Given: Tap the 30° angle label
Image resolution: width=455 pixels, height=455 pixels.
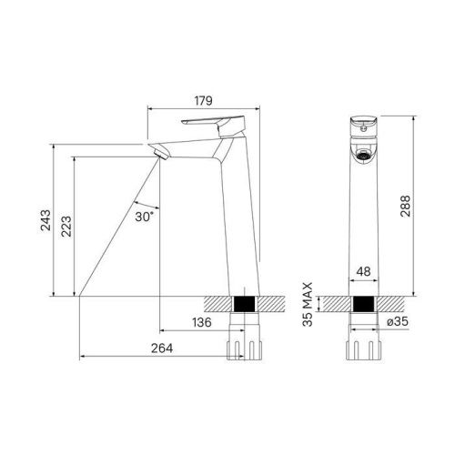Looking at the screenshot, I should [x=143, y=217].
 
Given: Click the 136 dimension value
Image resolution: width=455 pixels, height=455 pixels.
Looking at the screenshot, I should [x=203, y=322].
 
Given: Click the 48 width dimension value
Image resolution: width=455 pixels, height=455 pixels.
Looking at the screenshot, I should [x=364, y=272].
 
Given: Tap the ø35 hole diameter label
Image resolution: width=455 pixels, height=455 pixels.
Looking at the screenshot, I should [x=394, y=323].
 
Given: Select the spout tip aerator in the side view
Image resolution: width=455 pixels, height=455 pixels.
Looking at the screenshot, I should [x=160, y=151].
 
